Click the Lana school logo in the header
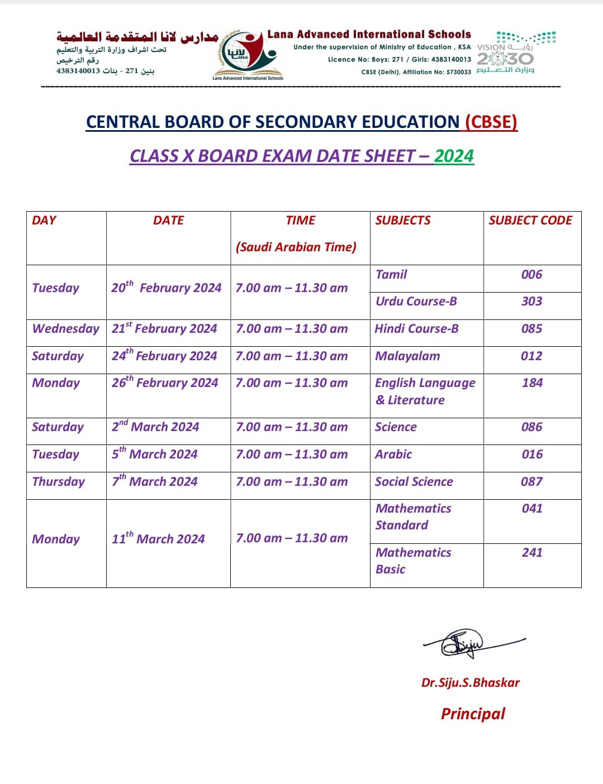pos(248,55)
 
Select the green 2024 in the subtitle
pos(454,156)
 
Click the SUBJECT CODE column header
pos(530,220)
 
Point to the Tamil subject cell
pos(391,274)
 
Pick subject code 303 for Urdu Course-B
pos(531,301)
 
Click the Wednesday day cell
pos(65,328)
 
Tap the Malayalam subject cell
pos(407,356)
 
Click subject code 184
pos(532,383)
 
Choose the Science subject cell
pos(396,427)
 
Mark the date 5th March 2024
pos(155,453)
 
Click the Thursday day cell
pos(59,481)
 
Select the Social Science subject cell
pos(414,481)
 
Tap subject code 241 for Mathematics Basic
pos(532,552)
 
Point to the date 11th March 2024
pos(158,538)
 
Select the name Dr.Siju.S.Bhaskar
pos(470,682)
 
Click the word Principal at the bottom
pos(473,714)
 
